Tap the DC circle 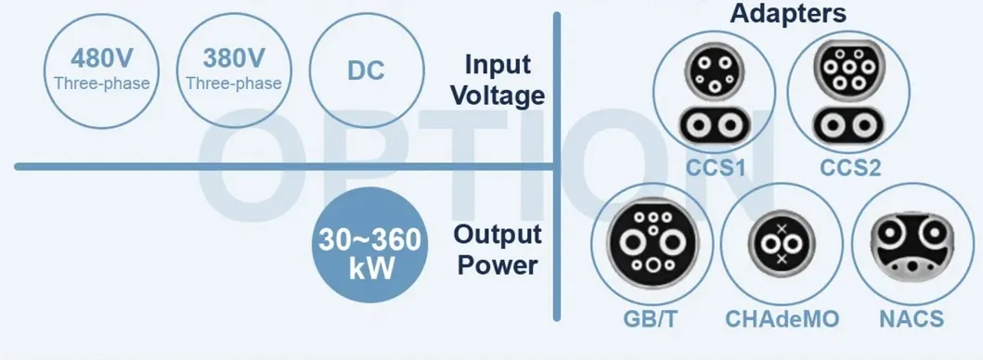(x=366, y=71)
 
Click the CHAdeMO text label (x=782, y=320)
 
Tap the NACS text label (x=911, y=320)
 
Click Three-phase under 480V (x=101, y=84)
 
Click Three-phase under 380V (x=233, y=84)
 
